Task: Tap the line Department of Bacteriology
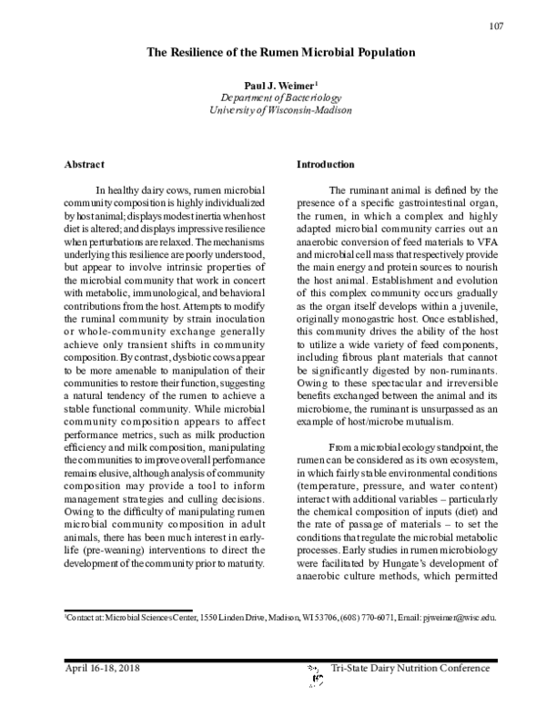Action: pyautogui.click(x=273, y=97)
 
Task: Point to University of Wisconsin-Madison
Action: pyautogui.click(x=273, y=109)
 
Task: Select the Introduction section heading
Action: pyautogui.click(x=326, y=165)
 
